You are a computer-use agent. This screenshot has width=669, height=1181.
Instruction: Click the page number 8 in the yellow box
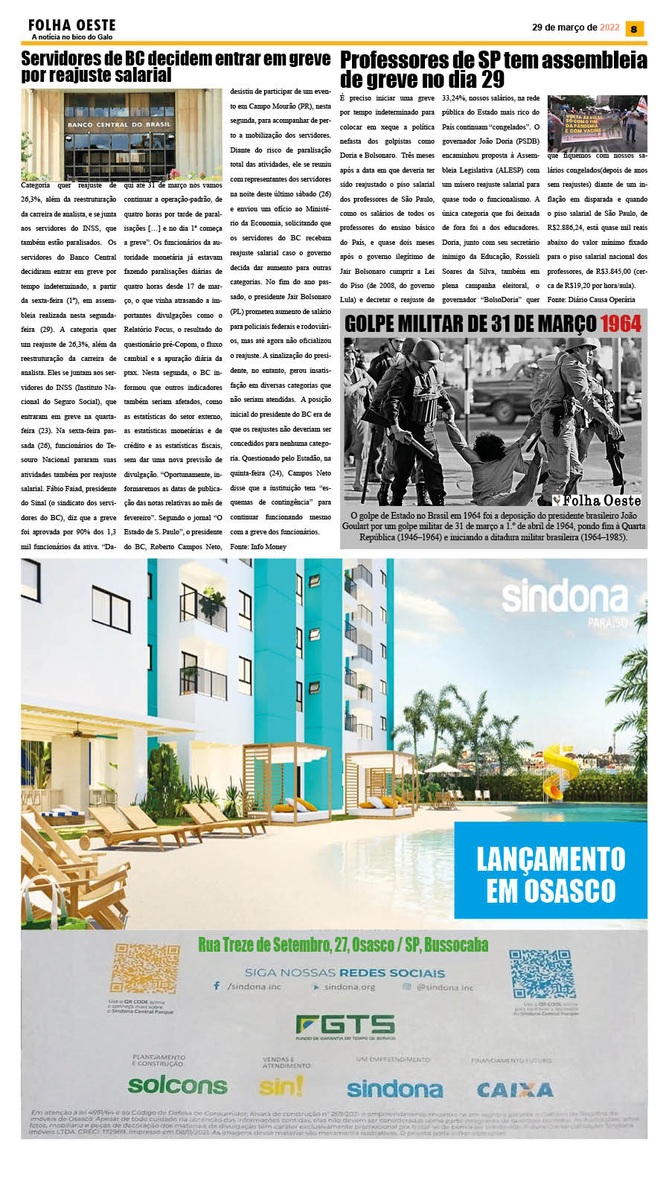point(634,29)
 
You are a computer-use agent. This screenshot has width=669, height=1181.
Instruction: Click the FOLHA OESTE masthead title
point(71,25)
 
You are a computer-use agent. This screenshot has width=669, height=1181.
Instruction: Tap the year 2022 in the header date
point(609,28)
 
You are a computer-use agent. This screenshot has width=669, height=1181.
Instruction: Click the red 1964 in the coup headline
point(621,323)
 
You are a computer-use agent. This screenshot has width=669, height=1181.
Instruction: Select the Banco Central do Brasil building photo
point(121,135)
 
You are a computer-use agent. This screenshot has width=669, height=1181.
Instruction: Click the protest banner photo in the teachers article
point(597,123)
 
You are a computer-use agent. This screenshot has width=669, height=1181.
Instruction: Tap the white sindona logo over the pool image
point(565,598)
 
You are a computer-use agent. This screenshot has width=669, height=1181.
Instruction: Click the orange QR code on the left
point(145,970)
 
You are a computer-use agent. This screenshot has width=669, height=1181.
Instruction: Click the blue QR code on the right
point(542,973)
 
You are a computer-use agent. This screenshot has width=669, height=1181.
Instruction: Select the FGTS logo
point(345,1025)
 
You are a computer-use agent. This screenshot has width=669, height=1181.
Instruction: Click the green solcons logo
point(177,1085)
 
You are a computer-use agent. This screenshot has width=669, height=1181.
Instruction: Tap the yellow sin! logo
point(281,1087)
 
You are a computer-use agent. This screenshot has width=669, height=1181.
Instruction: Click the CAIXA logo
point(515,1089)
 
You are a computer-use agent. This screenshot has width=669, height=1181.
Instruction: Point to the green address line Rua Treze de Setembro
point(343,945)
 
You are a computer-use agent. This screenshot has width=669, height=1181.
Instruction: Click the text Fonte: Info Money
point(258,546)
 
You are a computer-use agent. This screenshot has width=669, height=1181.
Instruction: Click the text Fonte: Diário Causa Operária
point(591,299)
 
